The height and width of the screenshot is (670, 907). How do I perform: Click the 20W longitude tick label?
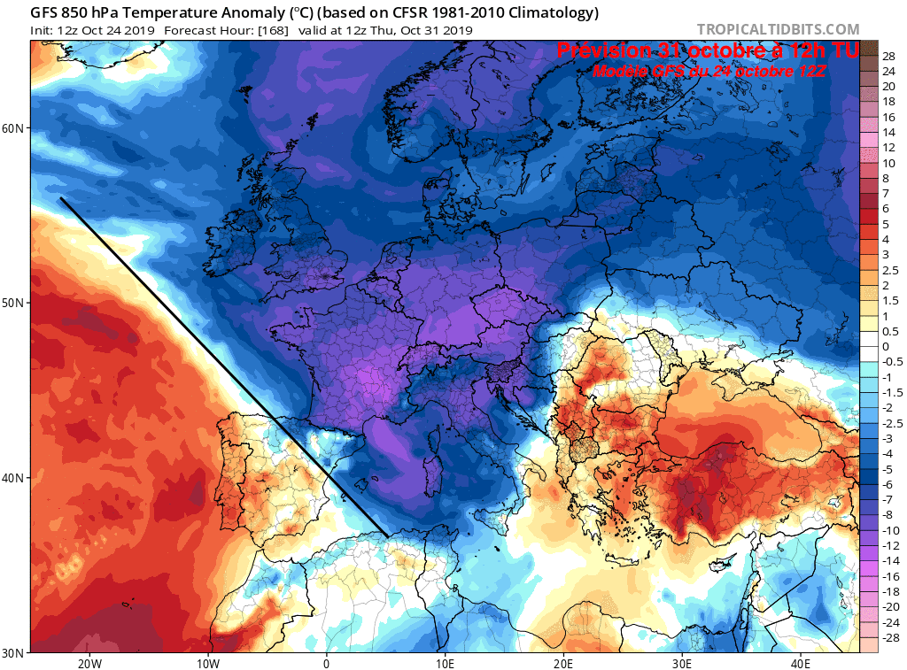89,663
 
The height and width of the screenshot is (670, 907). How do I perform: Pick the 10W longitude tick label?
207,663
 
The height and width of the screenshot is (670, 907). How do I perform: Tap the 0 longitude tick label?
326,663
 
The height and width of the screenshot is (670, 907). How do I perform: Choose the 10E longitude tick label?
445,663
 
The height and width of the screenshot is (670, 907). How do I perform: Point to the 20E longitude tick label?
563,663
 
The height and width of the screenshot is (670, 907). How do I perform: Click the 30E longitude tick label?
682,663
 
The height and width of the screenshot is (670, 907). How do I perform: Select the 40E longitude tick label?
801,663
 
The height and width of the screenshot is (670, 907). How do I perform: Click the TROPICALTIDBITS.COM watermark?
778,29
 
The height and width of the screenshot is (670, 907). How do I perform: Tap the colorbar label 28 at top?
888,55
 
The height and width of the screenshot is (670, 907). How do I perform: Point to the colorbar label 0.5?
889,331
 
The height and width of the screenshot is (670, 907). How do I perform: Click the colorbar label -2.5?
889,423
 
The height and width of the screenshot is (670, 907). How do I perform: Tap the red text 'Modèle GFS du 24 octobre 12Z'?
709,72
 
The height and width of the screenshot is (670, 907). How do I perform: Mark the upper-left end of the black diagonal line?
61,199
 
